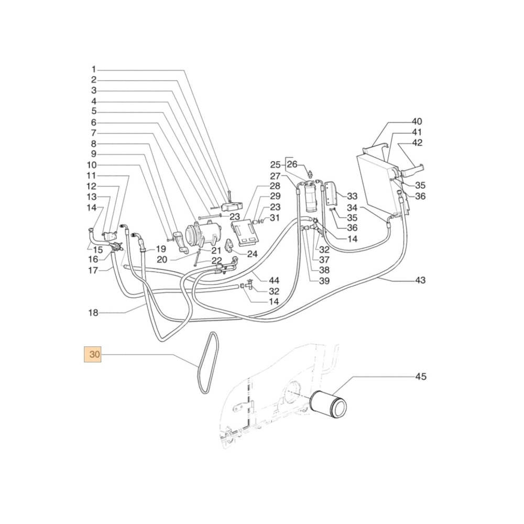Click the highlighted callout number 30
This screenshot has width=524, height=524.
(94, 355)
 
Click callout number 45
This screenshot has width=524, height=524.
(421, 376)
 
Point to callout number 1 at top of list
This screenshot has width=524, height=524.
(94, 69)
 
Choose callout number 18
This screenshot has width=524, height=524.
(93, 313)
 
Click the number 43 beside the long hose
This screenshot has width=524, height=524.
(420, 280)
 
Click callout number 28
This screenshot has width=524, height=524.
(275, 186)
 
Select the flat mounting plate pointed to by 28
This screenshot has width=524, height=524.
(245, 232)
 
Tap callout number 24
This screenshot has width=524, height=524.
(253, 254)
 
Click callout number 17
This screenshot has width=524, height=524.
(93, 270)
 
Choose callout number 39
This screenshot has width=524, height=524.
(325, 281)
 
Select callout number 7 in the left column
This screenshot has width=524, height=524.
(94, 133)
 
